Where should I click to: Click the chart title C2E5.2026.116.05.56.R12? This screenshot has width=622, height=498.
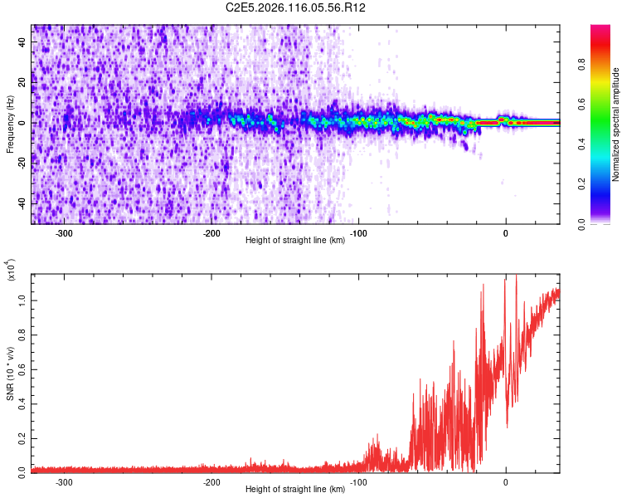pyautogui.click(x=296, y=7)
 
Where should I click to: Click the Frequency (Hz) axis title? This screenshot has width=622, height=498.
pyautogui.click(x=10, y=124)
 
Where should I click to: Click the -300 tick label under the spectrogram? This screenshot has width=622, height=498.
pyautogui.click(x=64, y=232)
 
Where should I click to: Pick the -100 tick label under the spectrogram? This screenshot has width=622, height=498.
pyautogui.click(x=358, y=232)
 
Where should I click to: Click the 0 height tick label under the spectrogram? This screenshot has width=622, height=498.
pyautogui.click(x=506, y=232)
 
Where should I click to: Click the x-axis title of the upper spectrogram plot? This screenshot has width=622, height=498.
pyautogui.click(x=295, y=241)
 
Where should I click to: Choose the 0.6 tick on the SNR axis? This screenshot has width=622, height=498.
pyautogui.click(x=21, y=367)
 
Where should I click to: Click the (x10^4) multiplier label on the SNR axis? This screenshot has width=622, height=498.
pyautogui.click(x=11, y=270)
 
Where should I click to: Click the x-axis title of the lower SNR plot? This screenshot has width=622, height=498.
pyautogui.click(x=295, y=490)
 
